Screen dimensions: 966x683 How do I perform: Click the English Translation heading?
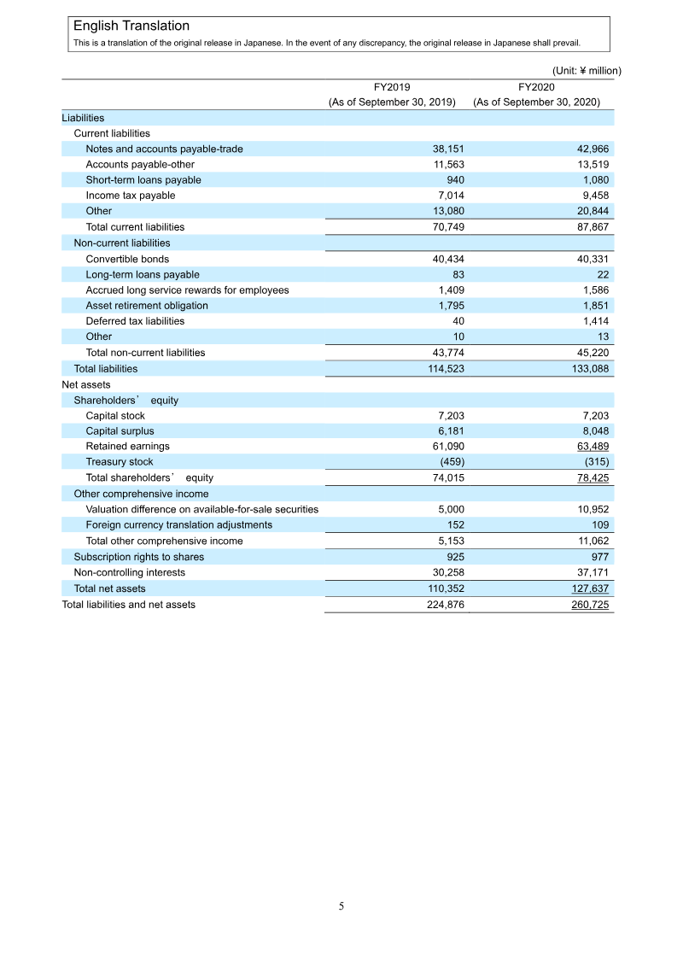(x=131, y=26)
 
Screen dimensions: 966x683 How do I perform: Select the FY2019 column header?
(x=392, y=86)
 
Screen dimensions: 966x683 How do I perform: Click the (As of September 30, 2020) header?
(x=536, y=102)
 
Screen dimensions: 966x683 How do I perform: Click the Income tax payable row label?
(x=130, y=196)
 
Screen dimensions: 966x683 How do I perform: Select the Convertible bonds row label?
(x=127, y=259)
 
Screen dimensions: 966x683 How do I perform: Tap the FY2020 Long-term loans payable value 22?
(x=602, y=274)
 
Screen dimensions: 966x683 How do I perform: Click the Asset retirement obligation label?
(x=146, y=306)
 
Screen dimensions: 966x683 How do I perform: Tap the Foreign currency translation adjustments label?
(x=178, y=524)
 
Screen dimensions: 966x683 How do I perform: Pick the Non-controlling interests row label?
(x=129, y=572)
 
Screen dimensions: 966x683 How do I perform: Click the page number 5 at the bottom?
(x=341, y=906)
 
